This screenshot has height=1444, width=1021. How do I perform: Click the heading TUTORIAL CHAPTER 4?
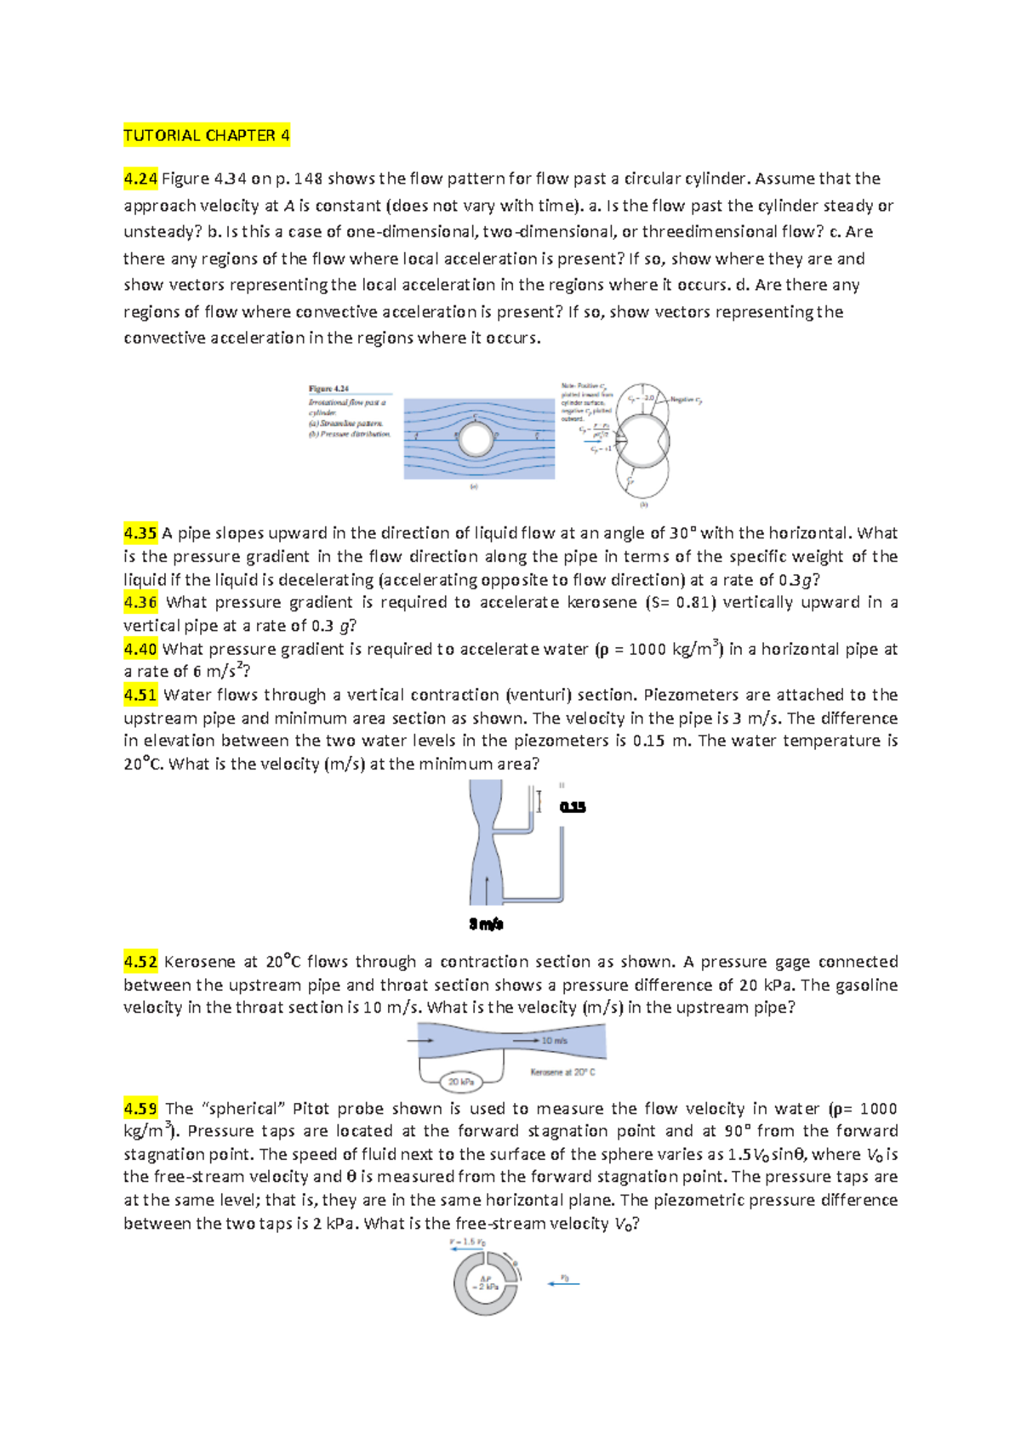click(x=207, y=135)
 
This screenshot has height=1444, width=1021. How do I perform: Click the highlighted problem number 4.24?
click(x=140, y=179)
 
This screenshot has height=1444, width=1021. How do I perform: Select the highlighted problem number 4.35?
click(x=140, y=533)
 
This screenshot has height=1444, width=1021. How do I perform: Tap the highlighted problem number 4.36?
click(x=140, y=602)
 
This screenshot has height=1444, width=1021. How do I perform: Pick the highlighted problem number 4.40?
click(x=140, y=649)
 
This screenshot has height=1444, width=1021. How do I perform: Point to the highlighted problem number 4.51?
click(x=140, y=695)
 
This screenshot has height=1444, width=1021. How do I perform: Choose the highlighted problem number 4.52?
click(x=140, y=962)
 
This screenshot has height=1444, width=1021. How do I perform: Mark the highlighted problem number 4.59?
click(x=140, y=1109)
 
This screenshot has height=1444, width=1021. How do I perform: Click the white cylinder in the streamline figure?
click(x=476, y=440)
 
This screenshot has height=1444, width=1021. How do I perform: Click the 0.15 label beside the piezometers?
click(x=573, y=807)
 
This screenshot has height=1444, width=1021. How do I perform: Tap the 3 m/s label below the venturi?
click(x=487, y=924)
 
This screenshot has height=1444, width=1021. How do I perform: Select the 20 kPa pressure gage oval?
click(x=461, y=1082)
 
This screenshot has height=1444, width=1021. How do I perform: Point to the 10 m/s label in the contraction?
click(x=554, y=1040)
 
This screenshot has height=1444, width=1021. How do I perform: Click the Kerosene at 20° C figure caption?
click(x=562, y=1072)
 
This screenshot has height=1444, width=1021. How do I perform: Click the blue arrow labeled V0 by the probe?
click(x=563, y=1283)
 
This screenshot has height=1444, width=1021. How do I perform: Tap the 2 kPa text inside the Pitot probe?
click(x=487, y=1287)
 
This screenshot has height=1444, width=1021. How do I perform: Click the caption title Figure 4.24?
click(x=328, y=389)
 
